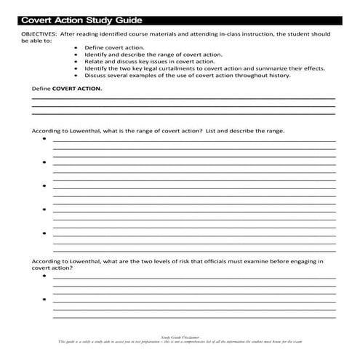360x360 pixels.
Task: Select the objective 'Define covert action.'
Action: (x=111, y=48)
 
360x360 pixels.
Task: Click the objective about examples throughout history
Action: (x=187, y=75)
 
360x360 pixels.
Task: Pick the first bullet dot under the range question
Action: (x=44, y=139)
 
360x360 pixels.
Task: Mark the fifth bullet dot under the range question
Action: (x=44, y=233)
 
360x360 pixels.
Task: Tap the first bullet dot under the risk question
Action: (x=44, y=277)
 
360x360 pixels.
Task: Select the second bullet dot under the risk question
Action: (x=44, y=300)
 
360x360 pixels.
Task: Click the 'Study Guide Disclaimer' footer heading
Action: (x=180, y=338)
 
